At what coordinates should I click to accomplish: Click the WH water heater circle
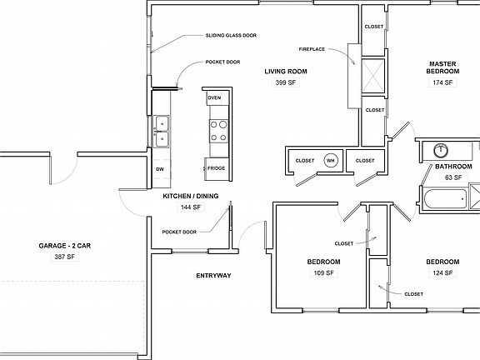[x=330, y=161]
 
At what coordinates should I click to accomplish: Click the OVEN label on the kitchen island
[x=214, y=98]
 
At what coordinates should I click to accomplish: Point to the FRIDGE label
[x=216, y=168]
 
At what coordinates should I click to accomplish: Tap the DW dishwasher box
[x=160, y=169]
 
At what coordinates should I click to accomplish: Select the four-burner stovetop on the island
[x=217, y=131]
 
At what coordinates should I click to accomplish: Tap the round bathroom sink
[x=441, y=151]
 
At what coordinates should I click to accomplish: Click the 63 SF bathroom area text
[x=452, y=177]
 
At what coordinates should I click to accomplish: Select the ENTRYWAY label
[x=213, y=275]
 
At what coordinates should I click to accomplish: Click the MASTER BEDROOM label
[x=442, y=67]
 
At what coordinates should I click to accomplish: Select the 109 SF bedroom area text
[x=322, y=272]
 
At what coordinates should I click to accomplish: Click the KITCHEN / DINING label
[x=191, y=196]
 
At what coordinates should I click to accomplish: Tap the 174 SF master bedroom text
[x=442, y=82]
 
